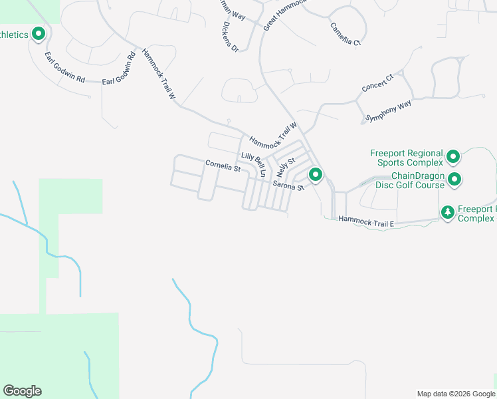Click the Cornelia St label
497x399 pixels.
pos(223,166)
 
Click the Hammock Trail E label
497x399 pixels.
pos(366,221)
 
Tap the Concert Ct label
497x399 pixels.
pos(377,83)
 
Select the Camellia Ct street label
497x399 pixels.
pos(346,34)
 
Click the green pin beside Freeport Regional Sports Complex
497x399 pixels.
pos(453,157)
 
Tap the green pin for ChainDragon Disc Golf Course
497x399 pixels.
pos(454,179)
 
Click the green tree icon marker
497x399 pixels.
pos(448,212)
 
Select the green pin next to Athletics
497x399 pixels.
pos(39,33)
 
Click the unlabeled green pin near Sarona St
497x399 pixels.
pos(316,175)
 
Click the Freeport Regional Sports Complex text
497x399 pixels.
pos(406,158)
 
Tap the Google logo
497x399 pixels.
pos(22,391)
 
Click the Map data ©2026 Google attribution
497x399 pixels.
pos(455,394)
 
